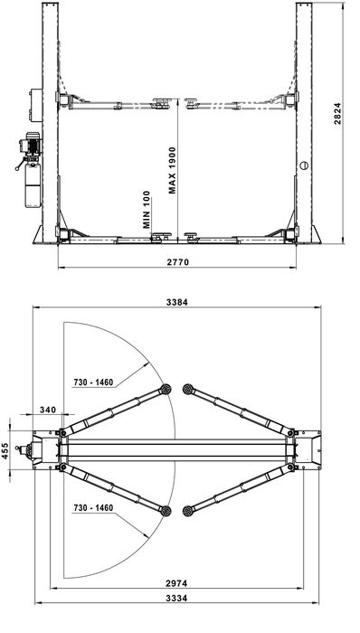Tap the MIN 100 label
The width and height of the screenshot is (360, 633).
[x=145, y=210]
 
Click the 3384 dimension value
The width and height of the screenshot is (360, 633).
[x=177, y=303]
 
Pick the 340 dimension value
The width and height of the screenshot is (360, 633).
[x=46, y=410]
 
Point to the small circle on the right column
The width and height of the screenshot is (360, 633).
[x=305, y=165]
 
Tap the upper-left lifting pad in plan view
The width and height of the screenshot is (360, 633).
[x=166, y=389]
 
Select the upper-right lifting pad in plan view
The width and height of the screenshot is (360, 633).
[x=188, y=389]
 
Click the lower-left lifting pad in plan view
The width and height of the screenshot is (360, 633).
[x=166, y=511]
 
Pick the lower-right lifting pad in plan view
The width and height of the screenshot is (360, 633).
[x=188, y=511]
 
